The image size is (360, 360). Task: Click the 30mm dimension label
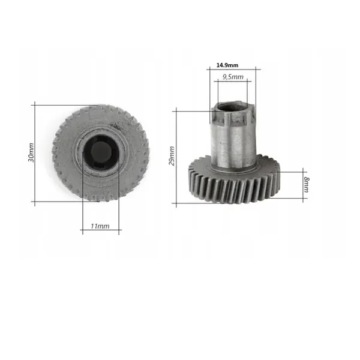click(31, 152)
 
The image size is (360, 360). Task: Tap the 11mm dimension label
click(100, 226)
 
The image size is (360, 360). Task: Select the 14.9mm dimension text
click(227, 65)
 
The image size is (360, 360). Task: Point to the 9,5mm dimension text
click(233, 77)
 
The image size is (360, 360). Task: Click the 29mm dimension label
click(172, 156)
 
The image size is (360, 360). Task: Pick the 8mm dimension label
click(306, 185)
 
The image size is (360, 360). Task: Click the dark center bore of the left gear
click(101, 152)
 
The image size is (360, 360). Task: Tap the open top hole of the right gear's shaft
click(233, 107)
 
